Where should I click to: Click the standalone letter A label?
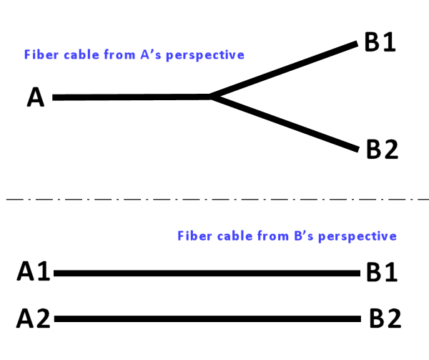pyautogui.click(x=36, y=97)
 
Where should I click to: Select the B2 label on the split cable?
pyautogui.click(x=381, y=149)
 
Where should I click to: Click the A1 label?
pyautogui.click(x=33, y=272)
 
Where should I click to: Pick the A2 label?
pyautogui.click(x=33, y=317)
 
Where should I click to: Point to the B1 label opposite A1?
pyautogui.click(x=381, y=272)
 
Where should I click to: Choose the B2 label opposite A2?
pyautogui.click(x=385, y=317)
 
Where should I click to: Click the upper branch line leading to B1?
pyautogui.click(x=286, y=69)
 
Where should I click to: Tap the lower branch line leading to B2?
pyautogui.click(x=286, y=123)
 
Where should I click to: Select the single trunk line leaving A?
pyautogui.click(x=129, y=97)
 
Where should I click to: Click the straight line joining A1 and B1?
pyautogui.click(x=207, y=273)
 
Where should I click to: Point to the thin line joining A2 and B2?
pyautogui.click(x=207, y=316)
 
